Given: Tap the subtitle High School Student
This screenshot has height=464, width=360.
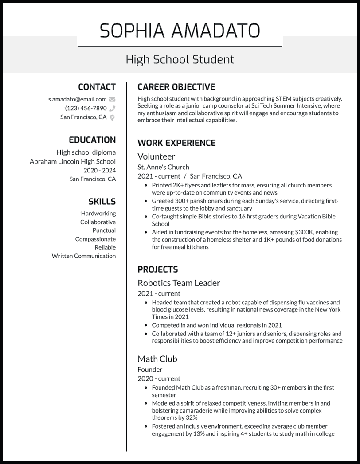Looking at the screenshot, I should [180, 59].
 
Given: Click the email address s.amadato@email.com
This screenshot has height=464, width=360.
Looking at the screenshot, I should [77, 100].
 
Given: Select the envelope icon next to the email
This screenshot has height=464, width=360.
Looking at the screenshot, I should [112, 100].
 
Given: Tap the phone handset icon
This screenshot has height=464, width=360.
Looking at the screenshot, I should [112, 109].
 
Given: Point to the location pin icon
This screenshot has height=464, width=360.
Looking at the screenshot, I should [112, 117].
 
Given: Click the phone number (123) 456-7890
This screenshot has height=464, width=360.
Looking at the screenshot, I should [86, 109].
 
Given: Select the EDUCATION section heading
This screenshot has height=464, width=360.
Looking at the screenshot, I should [92, 140].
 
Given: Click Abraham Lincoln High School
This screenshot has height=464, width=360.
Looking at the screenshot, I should [73, 162].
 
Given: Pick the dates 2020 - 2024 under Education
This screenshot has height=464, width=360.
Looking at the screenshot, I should [99, 170].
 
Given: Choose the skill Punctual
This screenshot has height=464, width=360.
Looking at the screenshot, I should [104, 230].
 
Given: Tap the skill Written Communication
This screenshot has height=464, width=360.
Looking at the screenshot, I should [83, 256].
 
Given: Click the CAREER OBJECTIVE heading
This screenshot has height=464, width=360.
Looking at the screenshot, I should [176, 87].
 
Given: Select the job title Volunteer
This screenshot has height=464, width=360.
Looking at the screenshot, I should [156, 156].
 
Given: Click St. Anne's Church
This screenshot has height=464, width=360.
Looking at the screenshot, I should [163, 167].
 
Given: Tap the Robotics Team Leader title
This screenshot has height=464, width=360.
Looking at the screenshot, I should [179, 283].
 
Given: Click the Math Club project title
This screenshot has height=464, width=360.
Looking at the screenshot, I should [157, 359].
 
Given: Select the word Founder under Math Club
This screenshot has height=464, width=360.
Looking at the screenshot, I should [150, 370].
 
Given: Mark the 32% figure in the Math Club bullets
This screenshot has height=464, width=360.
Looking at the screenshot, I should [191, 417].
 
